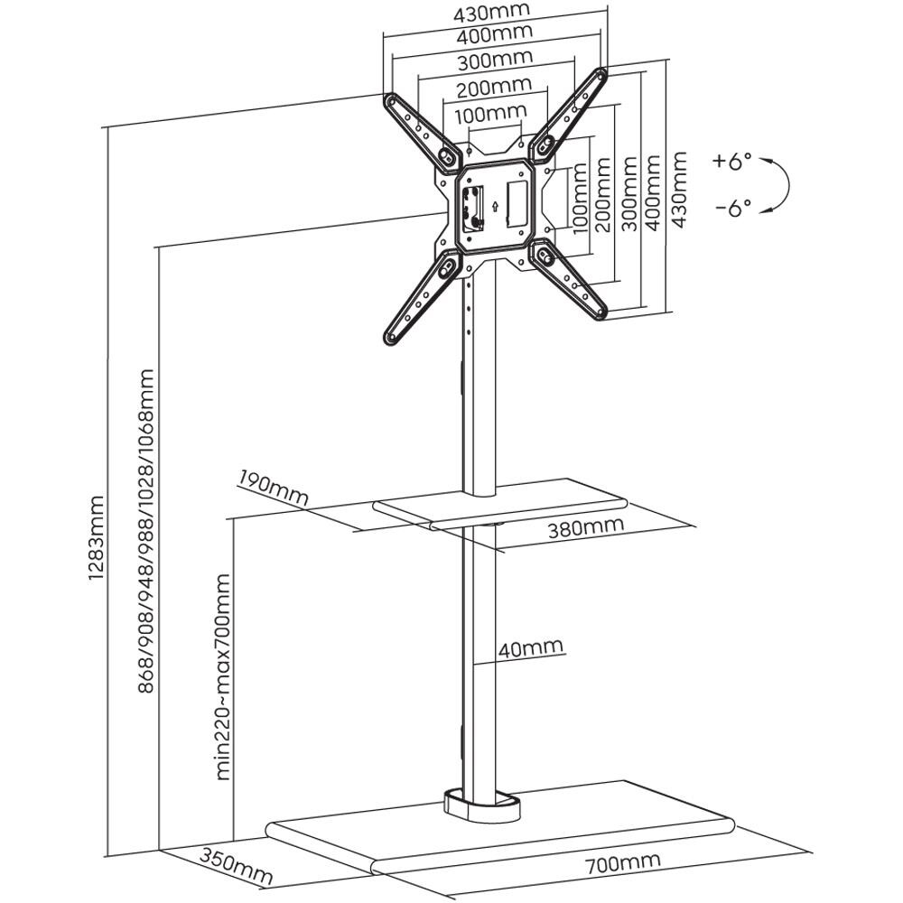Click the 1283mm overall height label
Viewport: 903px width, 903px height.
pyautogui.click(x=97, y=536)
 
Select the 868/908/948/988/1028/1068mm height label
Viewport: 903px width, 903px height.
pyautogui.click(x=145, y=531)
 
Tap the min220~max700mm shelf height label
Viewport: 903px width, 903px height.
pyautogui.click(x=223, y=676)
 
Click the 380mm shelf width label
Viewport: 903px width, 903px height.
pyautogui.click(x=585, y=526)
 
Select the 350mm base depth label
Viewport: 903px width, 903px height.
pyautogui.click(x=236, y=866)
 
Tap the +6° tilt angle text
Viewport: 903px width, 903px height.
pyautogui.click(x=732, y=162)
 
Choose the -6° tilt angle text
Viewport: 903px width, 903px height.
pyautogui.click(x=733, y=207)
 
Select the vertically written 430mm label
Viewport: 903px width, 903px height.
pyautogui.click(x=679, y=190)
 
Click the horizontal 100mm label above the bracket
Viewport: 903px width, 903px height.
pyautogui.click(x=490, y=114)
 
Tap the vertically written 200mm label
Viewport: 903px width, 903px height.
pyautogui.click(x=602, y=195)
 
